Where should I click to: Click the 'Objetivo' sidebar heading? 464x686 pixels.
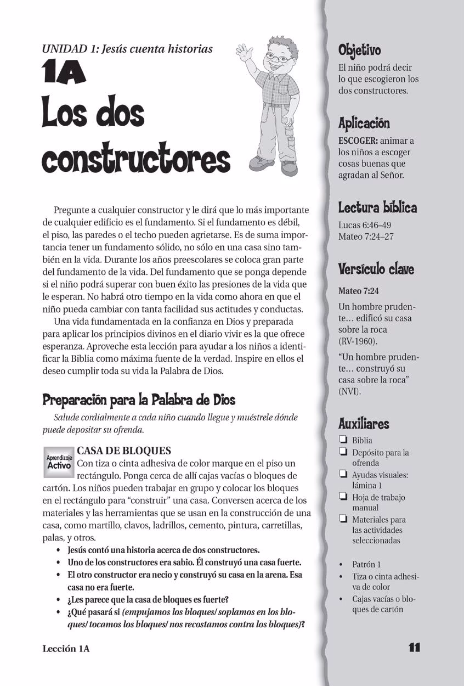point(359,50)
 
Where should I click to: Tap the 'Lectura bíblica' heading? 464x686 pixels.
point(377,207)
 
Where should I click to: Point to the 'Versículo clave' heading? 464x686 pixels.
point(376,269)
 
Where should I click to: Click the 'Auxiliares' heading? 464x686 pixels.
point(364,424)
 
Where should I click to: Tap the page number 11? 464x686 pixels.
point(414,648)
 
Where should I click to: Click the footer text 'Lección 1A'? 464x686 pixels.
point(66,648)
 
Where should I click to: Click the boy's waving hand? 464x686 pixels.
point(242,53)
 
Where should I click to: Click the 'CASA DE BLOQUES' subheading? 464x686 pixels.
point(124,451)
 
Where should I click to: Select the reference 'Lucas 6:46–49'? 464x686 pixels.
point(364,226)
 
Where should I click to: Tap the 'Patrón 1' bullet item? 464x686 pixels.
point(366,564)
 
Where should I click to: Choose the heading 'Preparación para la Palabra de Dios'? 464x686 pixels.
point(139,400)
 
